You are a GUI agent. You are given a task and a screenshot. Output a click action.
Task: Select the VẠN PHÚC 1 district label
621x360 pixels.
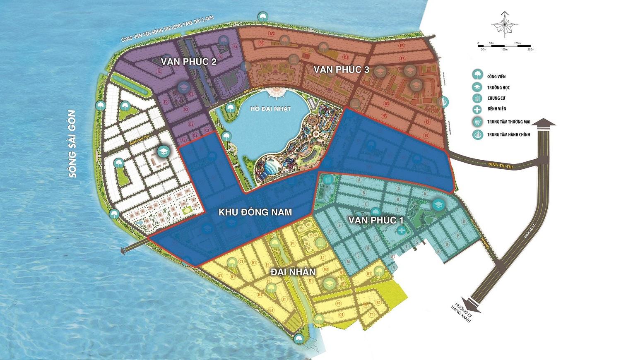(376, 221)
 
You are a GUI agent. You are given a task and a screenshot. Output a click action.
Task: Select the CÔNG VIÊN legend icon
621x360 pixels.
(478, 75)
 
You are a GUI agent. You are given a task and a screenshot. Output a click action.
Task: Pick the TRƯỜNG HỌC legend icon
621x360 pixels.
(478, 87)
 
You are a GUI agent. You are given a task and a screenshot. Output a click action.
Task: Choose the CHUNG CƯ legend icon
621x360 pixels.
(478, 98)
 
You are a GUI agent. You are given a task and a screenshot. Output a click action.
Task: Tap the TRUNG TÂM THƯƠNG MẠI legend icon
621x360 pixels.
(478, 122)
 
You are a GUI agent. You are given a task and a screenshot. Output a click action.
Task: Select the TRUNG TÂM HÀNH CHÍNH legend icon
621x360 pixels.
(478, 134)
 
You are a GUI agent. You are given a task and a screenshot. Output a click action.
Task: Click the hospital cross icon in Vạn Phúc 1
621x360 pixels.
(400, 230)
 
